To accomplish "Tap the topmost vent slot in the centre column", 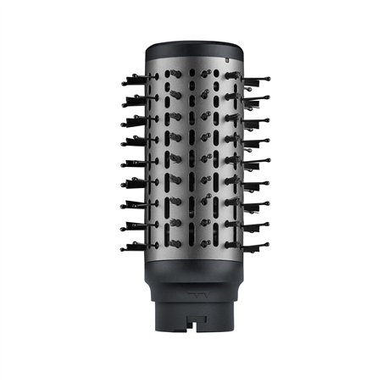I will point(191,75).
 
